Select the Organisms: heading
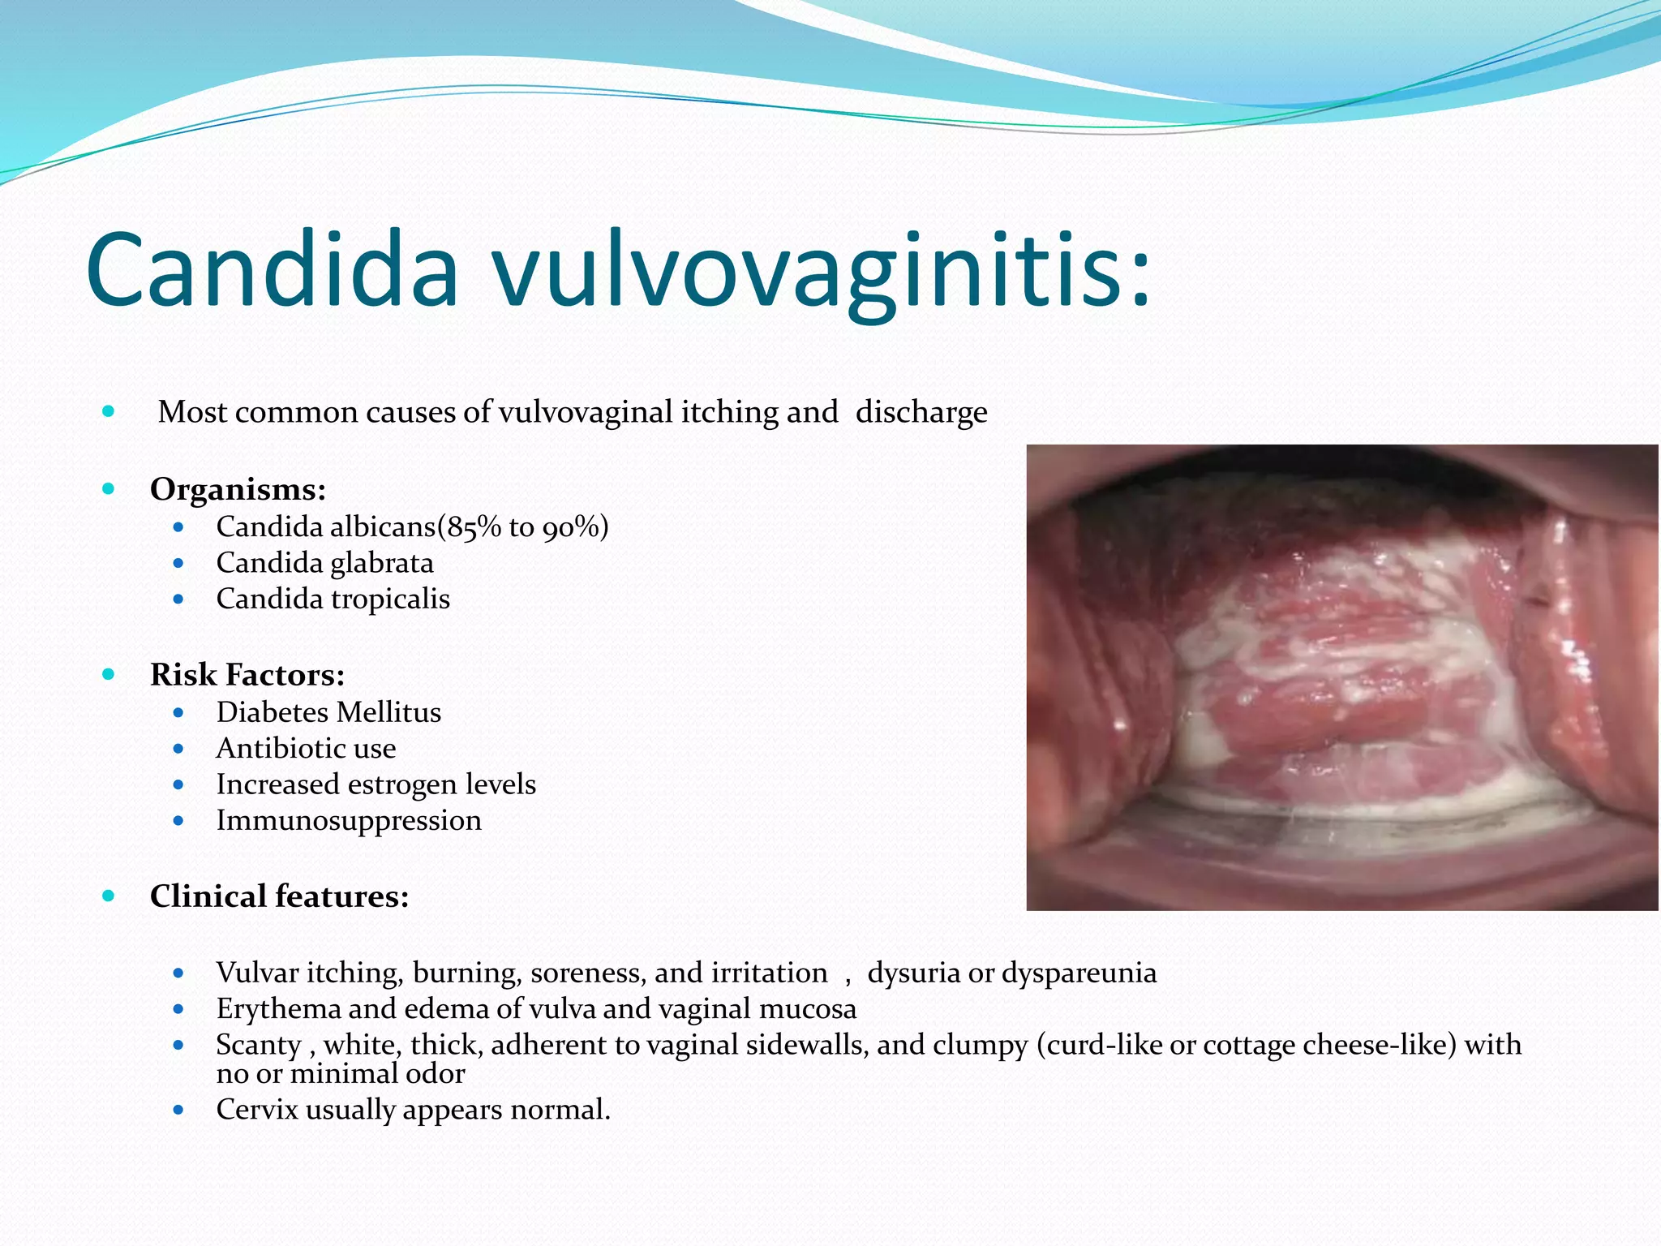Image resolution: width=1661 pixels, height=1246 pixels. (238, 489)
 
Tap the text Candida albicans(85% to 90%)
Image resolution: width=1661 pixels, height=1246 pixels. (412, 527)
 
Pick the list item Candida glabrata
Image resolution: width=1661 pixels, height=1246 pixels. (324, 563)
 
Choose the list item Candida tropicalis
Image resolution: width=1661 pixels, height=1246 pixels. (333, 599)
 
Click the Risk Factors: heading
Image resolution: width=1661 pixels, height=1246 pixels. (247, 675)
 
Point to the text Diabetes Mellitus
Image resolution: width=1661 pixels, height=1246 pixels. (328, 712)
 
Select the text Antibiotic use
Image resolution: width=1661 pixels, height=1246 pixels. (306, 748)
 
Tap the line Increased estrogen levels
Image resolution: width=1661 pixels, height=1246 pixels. (376, 784)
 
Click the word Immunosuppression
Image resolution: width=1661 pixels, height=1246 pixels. (349, 820)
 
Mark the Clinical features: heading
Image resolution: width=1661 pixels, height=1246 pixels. (279, 896)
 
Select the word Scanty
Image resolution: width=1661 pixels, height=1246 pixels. (258, 1045)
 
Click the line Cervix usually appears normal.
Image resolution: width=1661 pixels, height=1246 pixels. (413, 1109)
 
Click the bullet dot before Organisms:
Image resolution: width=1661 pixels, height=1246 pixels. (109, 489)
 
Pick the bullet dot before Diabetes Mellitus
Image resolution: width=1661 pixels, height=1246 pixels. (178, 713)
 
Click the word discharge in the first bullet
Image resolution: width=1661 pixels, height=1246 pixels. (921, 412)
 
